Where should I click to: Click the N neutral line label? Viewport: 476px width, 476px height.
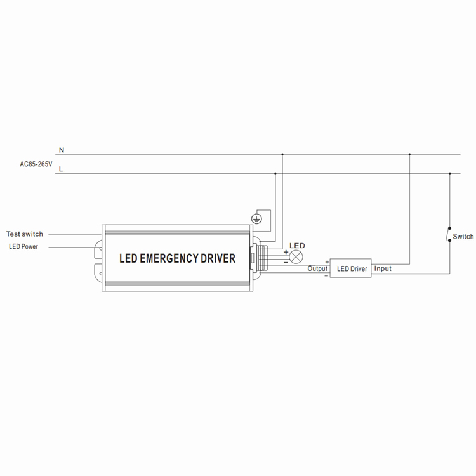(x=62, y=150)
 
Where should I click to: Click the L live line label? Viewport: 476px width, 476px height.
(x=61, y=169)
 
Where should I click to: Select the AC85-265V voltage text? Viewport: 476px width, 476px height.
(x=36, y=164)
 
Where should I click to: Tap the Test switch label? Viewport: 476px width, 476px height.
(x=25, y=234)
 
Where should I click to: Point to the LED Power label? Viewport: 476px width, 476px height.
(x=23, y=246)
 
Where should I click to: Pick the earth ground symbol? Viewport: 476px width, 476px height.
(x=256, y=218)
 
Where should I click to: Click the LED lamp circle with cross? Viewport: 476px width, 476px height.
(x=296, y=257)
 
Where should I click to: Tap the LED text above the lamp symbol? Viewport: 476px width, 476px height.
(x=297, y=246)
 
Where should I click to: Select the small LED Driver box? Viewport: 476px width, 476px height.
(x=350, y=268)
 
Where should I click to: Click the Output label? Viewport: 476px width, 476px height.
(x=317, y=268)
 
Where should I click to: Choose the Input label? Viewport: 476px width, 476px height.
(x=383, y=268)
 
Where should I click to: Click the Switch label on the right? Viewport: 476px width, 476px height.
(x=463, y=237)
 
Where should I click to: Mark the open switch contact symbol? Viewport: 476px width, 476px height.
(x=449, y=234)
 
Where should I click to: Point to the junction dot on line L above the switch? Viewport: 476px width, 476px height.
(x=450, y=173)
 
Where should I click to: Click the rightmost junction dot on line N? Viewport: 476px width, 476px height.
(x=409, y=154)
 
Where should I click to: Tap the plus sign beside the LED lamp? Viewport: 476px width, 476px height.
(x=286, y=252)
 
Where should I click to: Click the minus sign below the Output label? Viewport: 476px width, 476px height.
(x=326, y=276)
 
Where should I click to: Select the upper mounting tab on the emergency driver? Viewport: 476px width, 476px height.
(x=99, y=249)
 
